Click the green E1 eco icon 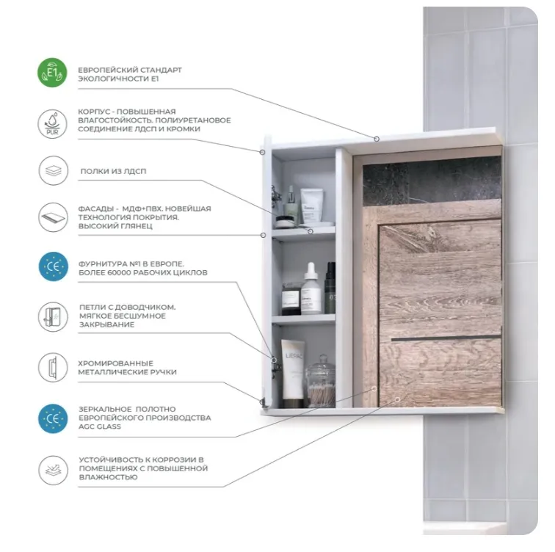52,73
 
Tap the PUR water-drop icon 52,124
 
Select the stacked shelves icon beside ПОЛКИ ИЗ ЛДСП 53,171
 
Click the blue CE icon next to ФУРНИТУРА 53,266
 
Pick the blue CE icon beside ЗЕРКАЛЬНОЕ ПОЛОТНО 53,418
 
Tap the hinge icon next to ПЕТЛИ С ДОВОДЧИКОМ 53,316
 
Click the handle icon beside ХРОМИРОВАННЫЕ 53,367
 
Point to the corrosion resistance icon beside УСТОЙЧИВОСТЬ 53,470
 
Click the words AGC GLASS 99,426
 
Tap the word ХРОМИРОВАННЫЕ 116,363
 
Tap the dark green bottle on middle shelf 330,288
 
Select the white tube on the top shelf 311,206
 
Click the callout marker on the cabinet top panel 377,139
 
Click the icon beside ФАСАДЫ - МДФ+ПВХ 53,217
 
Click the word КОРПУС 92,112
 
